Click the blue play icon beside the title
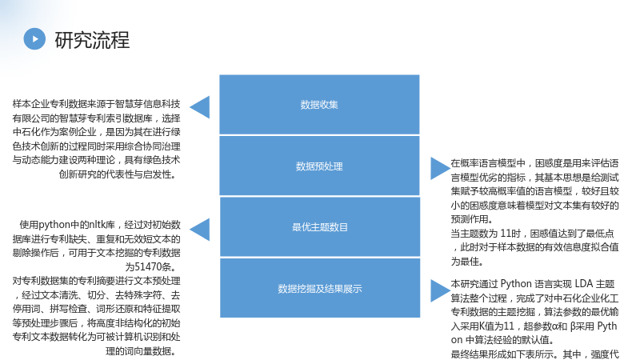[x=34, y=38]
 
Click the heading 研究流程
[x=92, y=40]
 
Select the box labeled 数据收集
[x=319, y=105]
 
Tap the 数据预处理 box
[x=319, y=166]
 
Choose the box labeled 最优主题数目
[x=319, y=227]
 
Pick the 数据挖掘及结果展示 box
[x=319, y=288]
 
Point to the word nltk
[x=97, y=225]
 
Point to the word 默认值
[x=535, y=340]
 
